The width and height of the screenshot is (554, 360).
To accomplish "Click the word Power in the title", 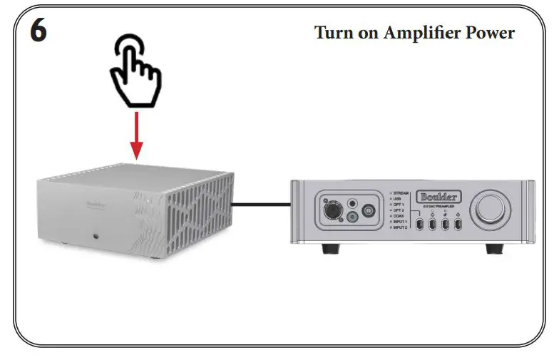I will (x=491, y=33).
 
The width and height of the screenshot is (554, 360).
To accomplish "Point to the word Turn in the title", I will (x=337, y=33).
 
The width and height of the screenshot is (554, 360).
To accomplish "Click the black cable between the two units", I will (x=260, y=205).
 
